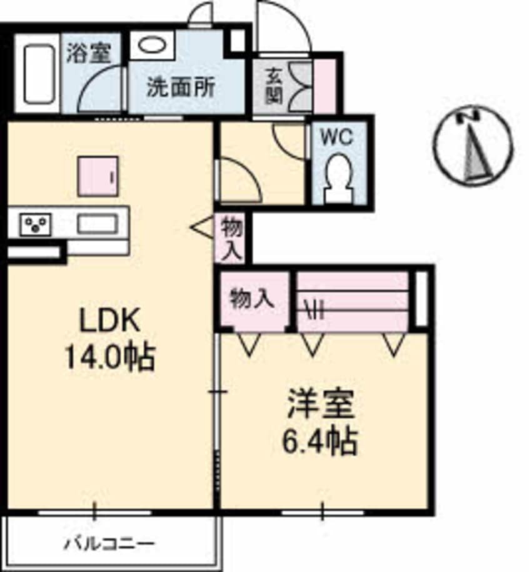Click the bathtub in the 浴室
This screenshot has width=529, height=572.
(37, 74)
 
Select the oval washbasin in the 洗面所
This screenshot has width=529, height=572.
(149, 46)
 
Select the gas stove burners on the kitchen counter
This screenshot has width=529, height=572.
(35, 224)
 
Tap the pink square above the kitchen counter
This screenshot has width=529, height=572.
(98, 176)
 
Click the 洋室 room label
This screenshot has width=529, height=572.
(321, 405)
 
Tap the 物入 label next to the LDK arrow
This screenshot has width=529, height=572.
(231, 237)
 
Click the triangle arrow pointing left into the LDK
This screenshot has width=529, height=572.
(202, 228)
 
